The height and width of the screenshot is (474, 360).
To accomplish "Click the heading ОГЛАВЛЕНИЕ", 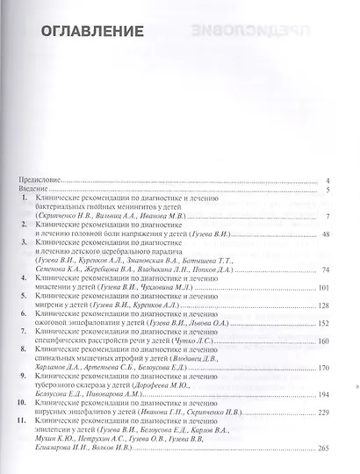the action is (90, 32).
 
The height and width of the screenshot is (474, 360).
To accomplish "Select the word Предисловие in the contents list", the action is (40, 180).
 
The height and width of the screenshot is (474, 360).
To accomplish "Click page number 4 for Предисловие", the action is (327, 180).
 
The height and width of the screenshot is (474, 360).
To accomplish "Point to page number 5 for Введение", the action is (327, 190).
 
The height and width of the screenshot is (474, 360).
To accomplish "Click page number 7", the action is (327, 216).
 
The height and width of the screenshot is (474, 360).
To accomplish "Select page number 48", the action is (325, 234).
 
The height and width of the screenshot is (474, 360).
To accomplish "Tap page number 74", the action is (325, 269).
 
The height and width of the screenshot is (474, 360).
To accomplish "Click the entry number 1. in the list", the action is (26, 199).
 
